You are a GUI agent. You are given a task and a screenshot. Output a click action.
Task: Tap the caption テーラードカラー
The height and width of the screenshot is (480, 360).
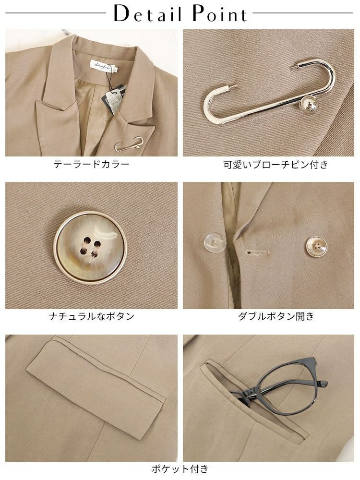[x=92, y=164]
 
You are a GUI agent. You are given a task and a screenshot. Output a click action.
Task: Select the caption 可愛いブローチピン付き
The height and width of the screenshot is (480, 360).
[x=276, y=164]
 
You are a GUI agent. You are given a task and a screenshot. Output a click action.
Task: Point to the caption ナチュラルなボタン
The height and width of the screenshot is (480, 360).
[x=92, y=316]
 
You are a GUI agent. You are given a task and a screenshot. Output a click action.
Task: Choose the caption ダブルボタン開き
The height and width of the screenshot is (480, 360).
[x=276, y=316]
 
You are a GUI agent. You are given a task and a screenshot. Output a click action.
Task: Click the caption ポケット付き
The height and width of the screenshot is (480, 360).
[x=180, y=468]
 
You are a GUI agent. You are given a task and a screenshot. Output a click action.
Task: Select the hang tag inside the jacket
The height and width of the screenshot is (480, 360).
[x=113, y=98]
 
